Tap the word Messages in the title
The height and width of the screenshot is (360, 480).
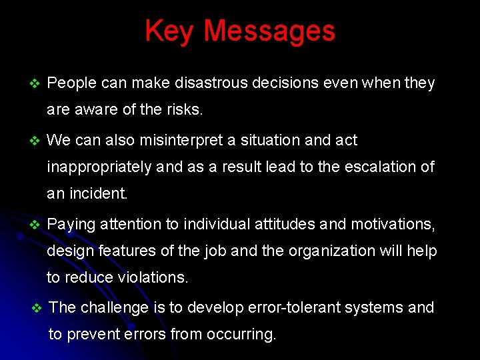click(x=269, y=31)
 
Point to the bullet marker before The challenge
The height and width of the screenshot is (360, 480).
click(x=37, y=308)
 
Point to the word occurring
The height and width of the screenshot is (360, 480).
click(x=242, y=335)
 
